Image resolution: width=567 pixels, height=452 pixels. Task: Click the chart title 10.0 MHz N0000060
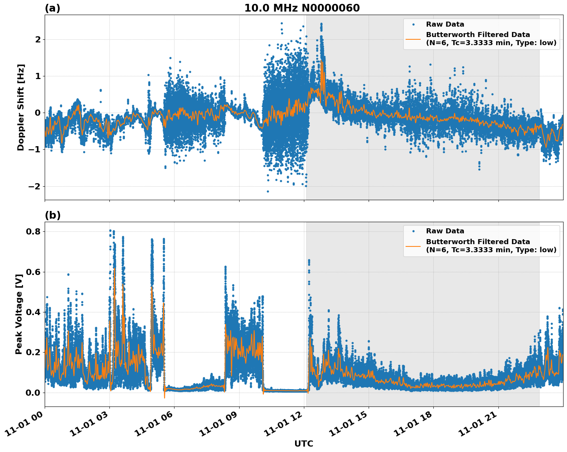[x=302, y=8]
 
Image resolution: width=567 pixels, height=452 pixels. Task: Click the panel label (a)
[x=52, y=8]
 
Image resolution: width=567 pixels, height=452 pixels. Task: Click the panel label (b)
[x=52, y=215]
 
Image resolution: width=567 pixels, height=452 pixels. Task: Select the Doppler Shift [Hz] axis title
[x=21, y=107]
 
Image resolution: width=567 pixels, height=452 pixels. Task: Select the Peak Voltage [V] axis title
[x=19, y=312]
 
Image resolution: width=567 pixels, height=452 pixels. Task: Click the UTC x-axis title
[x=304, y=444]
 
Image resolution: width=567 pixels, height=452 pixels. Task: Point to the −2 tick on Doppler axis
[x=35, y=186]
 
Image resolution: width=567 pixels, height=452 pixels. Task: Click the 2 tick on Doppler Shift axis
[x=38, y=39]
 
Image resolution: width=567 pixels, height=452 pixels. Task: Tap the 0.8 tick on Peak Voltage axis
[x=33, y=232]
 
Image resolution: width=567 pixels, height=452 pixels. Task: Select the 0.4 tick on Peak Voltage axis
[x=33, y=312]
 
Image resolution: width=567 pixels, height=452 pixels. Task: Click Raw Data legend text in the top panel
[x=445, y=24]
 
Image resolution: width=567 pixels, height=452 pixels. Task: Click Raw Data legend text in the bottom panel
[x=445, y=231]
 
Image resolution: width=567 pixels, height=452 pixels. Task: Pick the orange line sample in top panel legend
[x=413, y=39]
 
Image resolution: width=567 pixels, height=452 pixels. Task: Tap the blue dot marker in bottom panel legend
[x=413, y=231]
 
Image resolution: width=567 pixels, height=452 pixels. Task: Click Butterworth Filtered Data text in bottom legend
[x=478, y=242]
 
